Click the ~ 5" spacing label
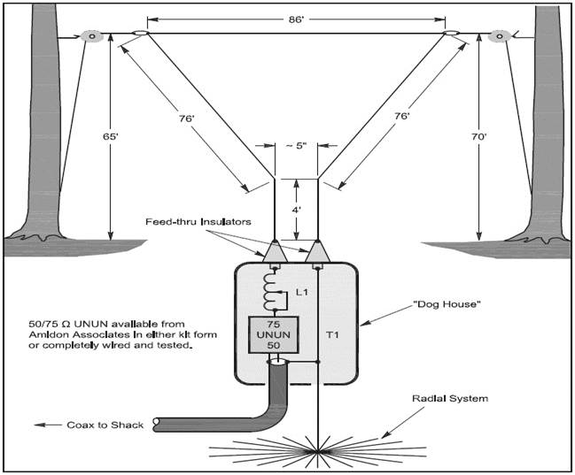click(297, 146)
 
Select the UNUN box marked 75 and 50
click(276, 336)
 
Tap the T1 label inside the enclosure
click(332, 334)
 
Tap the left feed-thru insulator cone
click(274, 253)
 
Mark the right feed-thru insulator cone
click(316, 253)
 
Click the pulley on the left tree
click(91, 36)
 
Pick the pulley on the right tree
click(500, 36)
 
